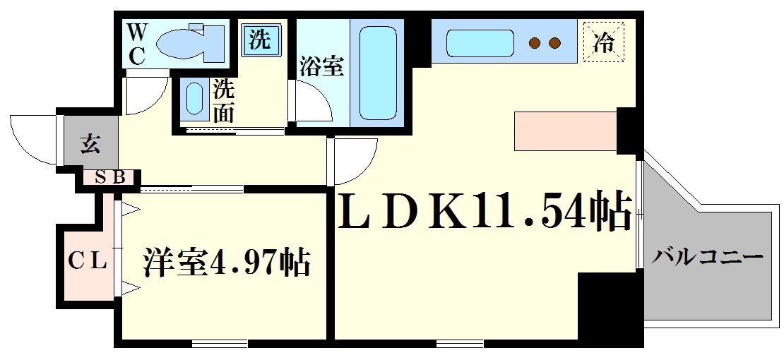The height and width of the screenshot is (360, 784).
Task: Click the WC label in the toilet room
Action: click(136, 44)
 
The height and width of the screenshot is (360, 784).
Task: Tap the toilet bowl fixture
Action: click(189, 42)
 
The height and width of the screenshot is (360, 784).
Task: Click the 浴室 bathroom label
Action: click(321, 67)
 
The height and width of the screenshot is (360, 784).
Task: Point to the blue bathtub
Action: click(380, 73)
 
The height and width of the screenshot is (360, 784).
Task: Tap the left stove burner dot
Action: click(535, 44)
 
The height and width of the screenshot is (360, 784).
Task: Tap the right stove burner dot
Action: click(556, 44)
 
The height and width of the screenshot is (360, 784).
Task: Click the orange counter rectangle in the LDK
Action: click(565, 131)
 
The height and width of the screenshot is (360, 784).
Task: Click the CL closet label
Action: click(87, 262)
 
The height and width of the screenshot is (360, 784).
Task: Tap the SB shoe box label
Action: click(110, 177)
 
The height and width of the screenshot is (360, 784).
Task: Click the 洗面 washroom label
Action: click(224, 101)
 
